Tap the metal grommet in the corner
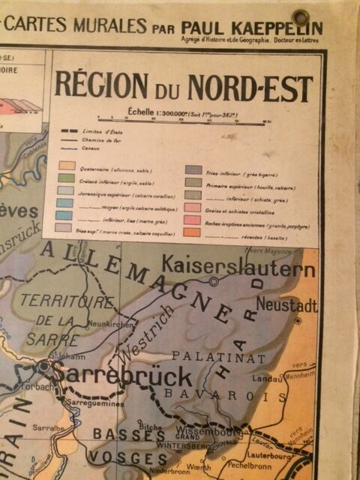click(301, 17)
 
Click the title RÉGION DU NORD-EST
click(184, 88)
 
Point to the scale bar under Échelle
click(184, 118)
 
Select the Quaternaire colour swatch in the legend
click(67, 164)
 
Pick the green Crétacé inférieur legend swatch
click(67, 177)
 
